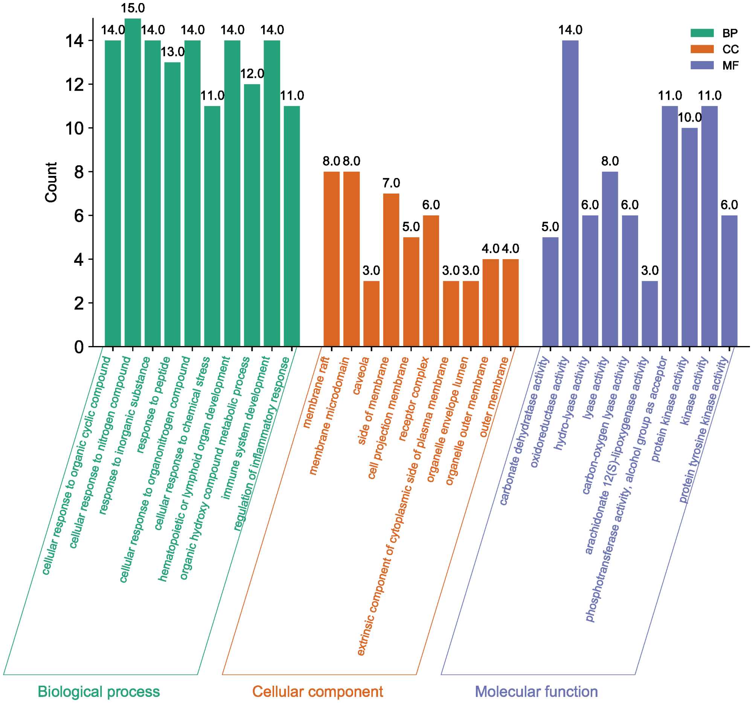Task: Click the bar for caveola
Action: (371, 314)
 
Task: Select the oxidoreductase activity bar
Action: (570, 193)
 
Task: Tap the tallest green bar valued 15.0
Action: (133, 182)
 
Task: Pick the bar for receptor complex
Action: (431, 281)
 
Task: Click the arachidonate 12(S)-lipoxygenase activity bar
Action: (649, 314)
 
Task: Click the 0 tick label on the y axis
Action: (79, 347)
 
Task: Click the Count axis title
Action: (51, 182)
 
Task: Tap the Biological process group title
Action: (99, 692)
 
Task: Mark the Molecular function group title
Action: (536, 692)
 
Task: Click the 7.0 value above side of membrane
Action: (391, 183)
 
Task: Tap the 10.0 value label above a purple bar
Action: (689, 118)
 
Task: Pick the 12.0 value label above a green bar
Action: (252, 74)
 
